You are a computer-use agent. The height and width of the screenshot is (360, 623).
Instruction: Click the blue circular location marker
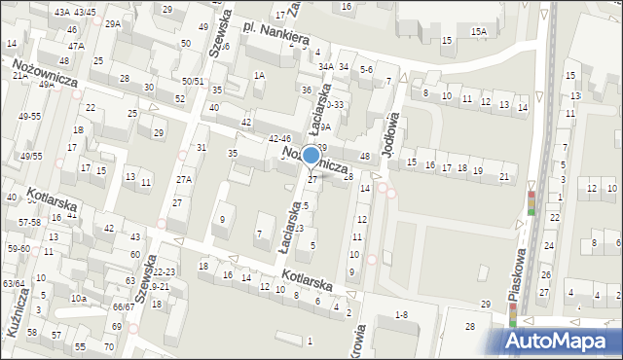pyautogui.click(x=311, y=155)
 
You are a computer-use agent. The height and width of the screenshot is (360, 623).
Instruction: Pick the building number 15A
pyautogui.click(x=479, y=32)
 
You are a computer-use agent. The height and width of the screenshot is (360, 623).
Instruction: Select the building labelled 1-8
pyautogui.click(x=400, y=315)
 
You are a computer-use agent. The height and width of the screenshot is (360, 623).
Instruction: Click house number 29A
pyautogui.click(x=113, y=23)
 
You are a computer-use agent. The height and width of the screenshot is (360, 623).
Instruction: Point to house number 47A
pyautogui.click(x=75, y=46)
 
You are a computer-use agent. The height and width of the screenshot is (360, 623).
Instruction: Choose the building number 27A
pyautogui.click(x=183, y=180)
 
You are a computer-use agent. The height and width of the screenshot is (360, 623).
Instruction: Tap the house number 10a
pyautogui.click(x=79, y=298)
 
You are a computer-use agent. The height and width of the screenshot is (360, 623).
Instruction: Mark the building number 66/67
pyautogui.click(x=123, y=306)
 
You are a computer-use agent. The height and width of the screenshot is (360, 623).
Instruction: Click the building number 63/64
pyautogui.click(x=13, y=283)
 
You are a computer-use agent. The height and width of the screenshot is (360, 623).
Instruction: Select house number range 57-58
pyautogui.click(x=29, y=223)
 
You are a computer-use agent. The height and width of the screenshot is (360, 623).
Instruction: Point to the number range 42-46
pyautogui.click(x=279, y=139)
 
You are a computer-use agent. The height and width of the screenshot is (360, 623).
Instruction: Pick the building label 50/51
pyautogui.click(x=193, y=82)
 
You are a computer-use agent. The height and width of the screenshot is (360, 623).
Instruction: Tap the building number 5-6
pyautogui.click(x=366, y=70)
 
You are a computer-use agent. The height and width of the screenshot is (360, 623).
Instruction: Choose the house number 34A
pyautogui.click(x=326, y=66)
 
